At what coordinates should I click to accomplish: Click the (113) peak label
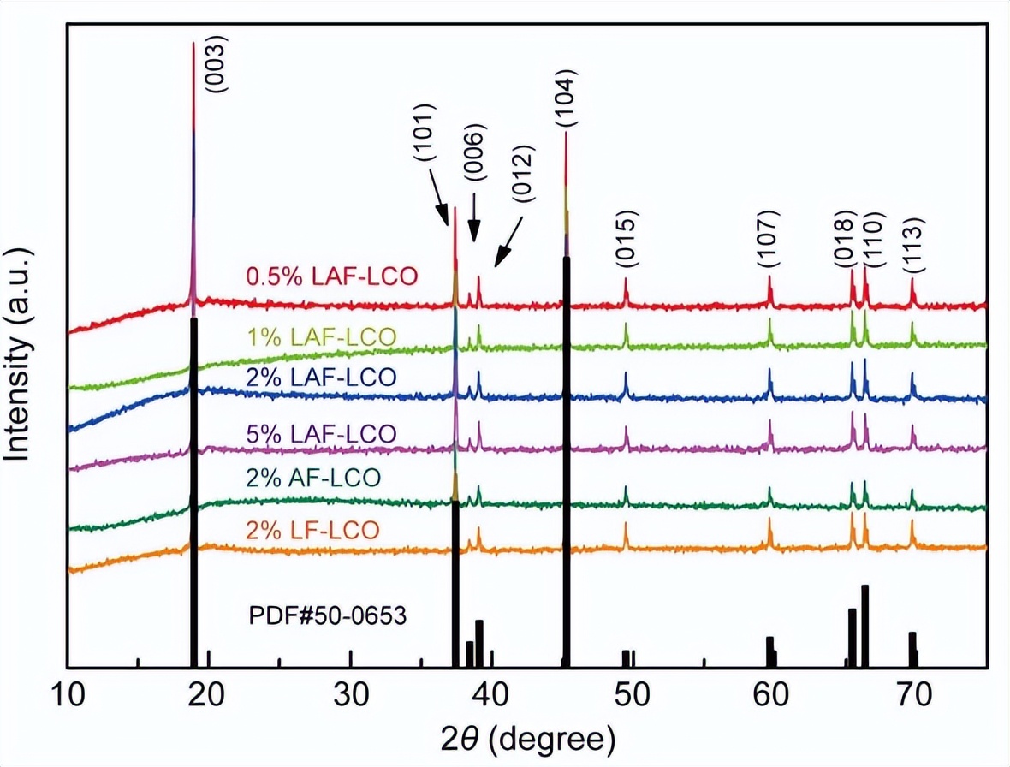pyautogui.click(x=912, y=244)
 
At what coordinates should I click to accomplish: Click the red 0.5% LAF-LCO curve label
pyautogui.click(x=331, y=277)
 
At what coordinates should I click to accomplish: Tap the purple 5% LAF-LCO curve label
pyautogui.click(x=321, y=433)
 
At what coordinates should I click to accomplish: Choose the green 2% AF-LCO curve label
pyautogui.click(x=313, y=477)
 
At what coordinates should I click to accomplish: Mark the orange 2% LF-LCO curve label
pyautogui.click(x=313, y=531)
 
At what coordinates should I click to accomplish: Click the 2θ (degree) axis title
pyautogui.click(x=528, y=736)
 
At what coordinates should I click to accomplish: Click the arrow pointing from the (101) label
pyautogui.click(x=442, y=203)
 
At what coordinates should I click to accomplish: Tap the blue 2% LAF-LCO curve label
pyautogui.click(x=321, y=378)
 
